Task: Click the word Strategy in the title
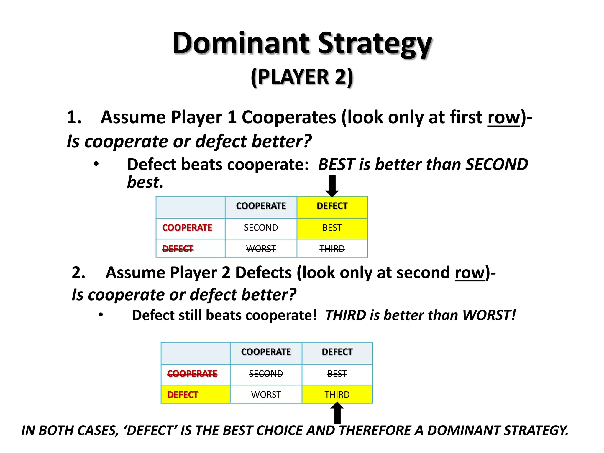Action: click(x=375, y=44)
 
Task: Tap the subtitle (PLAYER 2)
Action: click(x=302, y=77)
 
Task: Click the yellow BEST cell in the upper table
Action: click(x=332, y=228)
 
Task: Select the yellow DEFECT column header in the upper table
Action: click(x=332, y=206)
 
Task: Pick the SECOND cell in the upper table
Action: click(x=261, y=228)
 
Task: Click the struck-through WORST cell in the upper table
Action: click(x=261, y=249)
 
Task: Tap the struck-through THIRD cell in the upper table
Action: click(x=332, y=249)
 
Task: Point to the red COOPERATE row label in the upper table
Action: click(x=187, y=228)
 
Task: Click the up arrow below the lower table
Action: click(x=337, y=413)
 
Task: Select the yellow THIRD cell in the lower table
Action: click(x=337, y=395)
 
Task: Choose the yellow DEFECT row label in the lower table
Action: click(x=183, y=395)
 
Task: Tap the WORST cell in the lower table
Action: click(x=266, y=395)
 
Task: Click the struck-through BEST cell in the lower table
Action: click(x=337, y=374)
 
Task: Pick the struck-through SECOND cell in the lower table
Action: click(x=266, y=374)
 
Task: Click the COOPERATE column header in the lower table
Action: click(x=266, y=352)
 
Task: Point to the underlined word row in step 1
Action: click(x=504, y=118)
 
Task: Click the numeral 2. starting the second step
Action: click(x=78, y=273)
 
